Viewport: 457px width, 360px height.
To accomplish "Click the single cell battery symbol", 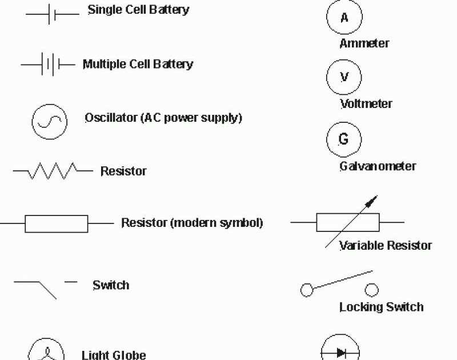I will coord(52,15).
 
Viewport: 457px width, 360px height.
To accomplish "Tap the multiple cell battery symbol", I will coord(49,65).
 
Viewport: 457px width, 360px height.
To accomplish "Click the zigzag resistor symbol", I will coord(53,171).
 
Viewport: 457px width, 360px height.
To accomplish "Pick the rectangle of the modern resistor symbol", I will coord(56,224).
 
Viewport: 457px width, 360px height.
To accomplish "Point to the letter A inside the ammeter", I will coord(344,18).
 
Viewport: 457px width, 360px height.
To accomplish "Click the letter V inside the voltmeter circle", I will coord(344,77).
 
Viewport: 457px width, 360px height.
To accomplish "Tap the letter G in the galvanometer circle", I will coord(344,139).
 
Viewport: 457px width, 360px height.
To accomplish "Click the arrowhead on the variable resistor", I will coord(372,201).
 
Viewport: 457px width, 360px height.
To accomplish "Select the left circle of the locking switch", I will coord(307,290).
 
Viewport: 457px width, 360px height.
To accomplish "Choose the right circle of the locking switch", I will coord(372,289).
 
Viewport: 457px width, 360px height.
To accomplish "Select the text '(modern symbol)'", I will coord(217,223).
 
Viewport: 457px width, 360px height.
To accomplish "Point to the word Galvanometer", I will coord(378,166).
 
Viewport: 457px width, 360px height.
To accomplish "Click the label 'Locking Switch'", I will coord(381,307).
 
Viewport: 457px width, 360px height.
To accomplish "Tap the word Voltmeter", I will coord(366,104).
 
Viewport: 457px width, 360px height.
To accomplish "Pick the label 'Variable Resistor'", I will coord(386,246).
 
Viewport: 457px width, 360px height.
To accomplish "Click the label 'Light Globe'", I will coord(114,355).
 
